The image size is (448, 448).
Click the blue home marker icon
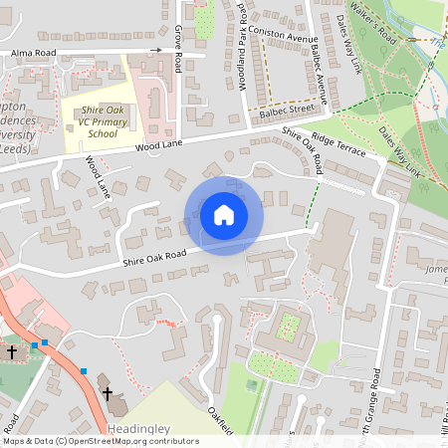[x=224, y=215]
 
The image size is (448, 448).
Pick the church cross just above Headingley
[x=108, y=393]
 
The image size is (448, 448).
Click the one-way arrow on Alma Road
[x=156, y=50]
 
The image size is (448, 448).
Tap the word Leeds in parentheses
[x=19, y=148]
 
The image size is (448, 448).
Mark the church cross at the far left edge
[x=12, y=351]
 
